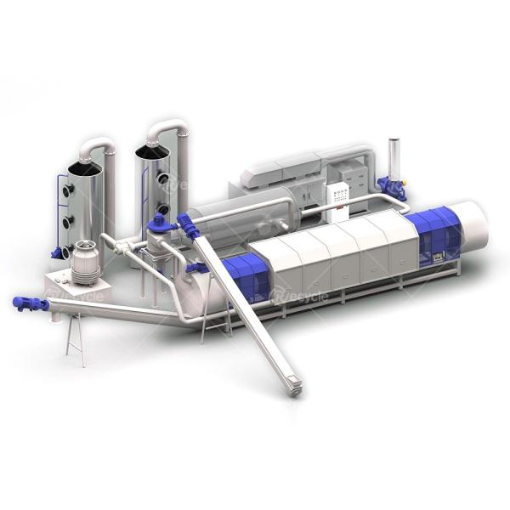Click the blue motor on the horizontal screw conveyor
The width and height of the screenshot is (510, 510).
click(27, 303)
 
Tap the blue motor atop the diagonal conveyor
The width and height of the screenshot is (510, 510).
click(189, 227)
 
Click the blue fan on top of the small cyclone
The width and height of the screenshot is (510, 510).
click(158, 224)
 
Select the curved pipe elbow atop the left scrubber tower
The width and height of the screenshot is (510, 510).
click(98, 147)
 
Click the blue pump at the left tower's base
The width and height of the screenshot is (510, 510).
click(57, 252)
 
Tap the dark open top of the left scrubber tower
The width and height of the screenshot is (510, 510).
click(85, 168)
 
